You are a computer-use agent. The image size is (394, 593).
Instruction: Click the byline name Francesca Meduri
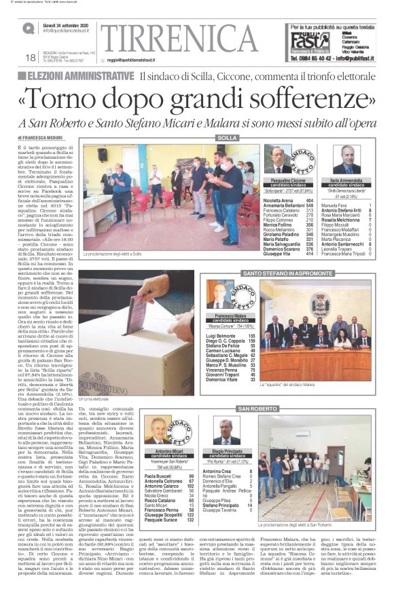coord(44,138)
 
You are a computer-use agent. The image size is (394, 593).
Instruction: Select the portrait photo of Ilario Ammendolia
coord(347,160)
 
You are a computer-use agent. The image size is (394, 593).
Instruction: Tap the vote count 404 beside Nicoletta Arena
coord(310,201)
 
